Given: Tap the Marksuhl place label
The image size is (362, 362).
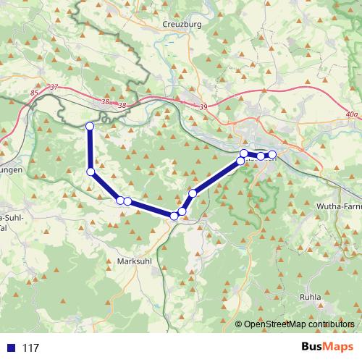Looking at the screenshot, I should (x=134, y=261).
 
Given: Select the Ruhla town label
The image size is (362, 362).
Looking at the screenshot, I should (x=311, y=297).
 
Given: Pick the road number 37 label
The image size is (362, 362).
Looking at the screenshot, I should (x=54, y=88).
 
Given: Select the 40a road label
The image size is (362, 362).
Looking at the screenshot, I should (x=352, y=114).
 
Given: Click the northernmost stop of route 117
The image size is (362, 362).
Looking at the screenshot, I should (x=90, y=127).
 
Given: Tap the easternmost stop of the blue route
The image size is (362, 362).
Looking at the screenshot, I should (x=272, y=155).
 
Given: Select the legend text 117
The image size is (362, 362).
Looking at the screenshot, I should (x=31, y=348).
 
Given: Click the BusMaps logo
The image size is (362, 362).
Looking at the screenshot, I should (x=324, y=347).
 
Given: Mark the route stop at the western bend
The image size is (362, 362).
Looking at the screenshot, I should (x=90, y=172).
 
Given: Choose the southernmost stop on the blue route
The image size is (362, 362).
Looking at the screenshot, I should (x=174, y=216).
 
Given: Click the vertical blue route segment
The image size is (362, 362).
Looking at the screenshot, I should (x=90, y=149).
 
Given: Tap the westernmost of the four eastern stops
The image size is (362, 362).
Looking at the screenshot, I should (x=240, y=161).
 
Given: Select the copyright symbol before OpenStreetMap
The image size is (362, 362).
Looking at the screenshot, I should (x=238, y=324).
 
